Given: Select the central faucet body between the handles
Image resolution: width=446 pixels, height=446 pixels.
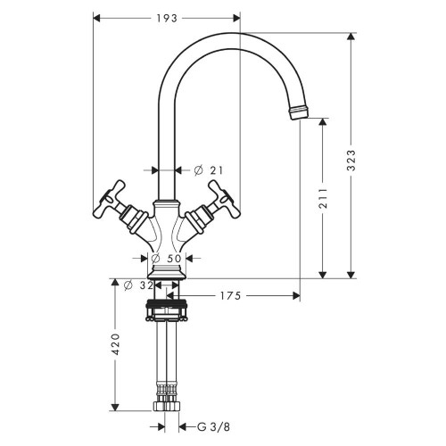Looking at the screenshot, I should [x=166, y=227].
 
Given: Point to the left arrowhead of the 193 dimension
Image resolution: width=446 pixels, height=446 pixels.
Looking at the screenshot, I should [x=96, y=17].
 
